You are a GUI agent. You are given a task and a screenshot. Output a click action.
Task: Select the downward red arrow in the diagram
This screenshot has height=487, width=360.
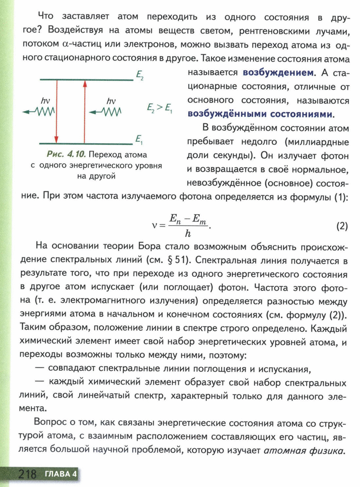[x=56, y=111]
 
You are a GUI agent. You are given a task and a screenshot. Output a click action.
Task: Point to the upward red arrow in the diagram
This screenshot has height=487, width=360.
[x=84, y=111]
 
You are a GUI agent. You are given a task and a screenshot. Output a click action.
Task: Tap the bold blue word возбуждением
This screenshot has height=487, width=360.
[x=278, y=72]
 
